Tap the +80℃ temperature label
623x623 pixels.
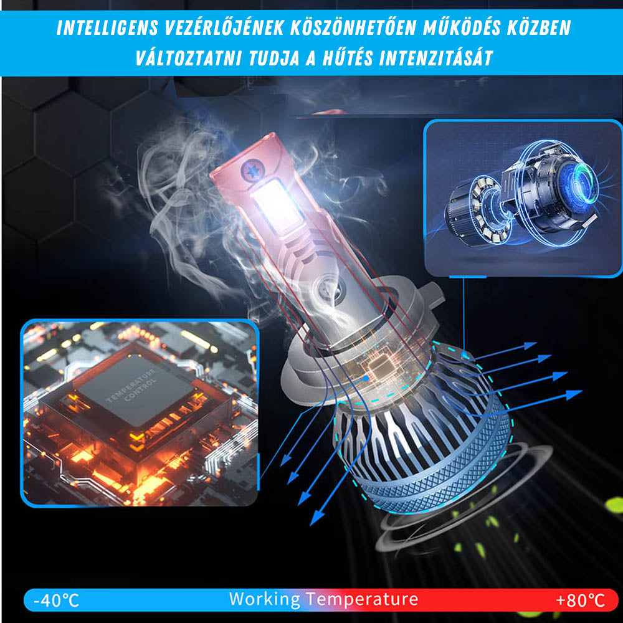(580, 601)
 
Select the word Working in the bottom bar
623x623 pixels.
(264, 599)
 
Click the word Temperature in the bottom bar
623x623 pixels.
(362, 599)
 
